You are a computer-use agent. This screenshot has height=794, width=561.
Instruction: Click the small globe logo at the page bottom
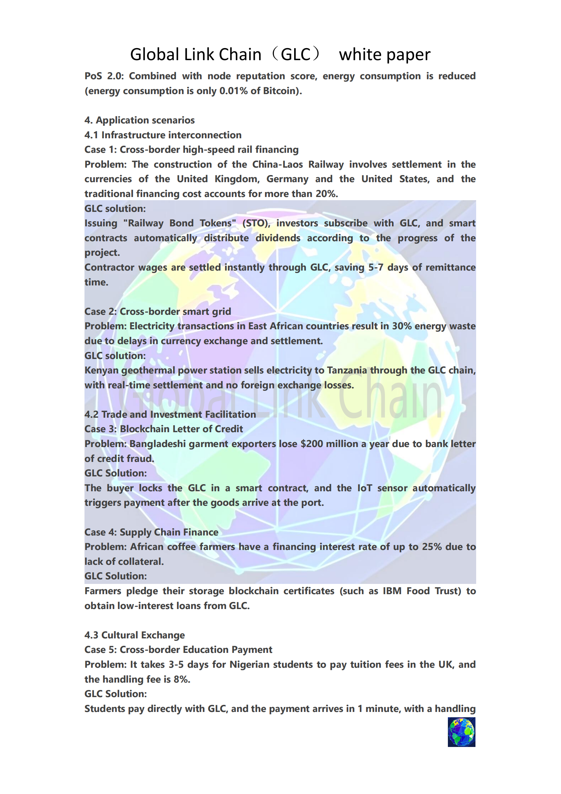click(461, 732)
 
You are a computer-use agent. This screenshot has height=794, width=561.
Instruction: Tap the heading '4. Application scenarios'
click(139, 120)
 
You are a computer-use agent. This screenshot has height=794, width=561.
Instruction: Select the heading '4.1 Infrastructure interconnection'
click(163, 135)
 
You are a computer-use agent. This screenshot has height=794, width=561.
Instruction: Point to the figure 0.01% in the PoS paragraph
click(233, 91)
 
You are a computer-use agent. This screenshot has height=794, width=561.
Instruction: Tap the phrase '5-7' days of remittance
click(375, 267)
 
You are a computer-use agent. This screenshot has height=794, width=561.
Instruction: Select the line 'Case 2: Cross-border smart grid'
click(158, 312)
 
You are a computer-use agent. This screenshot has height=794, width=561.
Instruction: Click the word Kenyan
click(101, 370)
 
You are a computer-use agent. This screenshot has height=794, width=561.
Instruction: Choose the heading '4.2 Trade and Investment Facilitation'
click(170, 415)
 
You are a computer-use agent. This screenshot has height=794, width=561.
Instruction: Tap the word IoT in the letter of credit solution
click(364, 488)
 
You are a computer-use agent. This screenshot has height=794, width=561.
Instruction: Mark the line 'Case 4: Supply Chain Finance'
click(151, 532)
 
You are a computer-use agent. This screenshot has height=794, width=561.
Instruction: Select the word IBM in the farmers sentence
click(392, 591)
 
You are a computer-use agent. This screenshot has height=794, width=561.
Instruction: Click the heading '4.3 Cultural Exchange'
click(134, 635)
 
